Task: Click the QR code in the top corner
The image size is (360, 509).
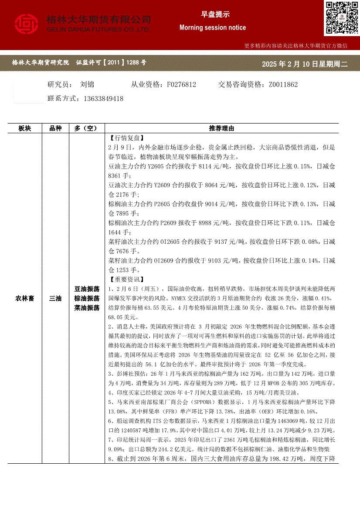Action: pos(341,17)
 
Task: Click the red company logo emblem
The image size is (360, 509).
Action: pos(27,24)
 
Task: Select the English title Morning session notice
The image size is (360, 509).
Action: pos(213,27)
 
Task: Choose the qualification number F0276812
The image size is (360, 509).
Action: pos(181,84)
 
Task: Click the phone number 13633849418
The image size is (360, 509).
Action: pos(103,99)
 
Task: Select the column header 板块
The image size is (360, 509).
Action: pos(25,128)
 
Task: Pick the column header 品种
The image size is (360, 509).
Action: pos(55,128)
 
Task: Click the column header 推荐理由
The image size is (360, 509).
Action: pos(221,128)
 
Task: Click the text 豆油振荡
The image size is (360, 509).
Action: pos(87,289)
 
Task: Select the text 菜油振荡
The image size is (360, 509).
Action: pos(87,308)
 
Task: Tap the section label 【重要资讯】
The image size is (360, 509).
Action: pos(125,280)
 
